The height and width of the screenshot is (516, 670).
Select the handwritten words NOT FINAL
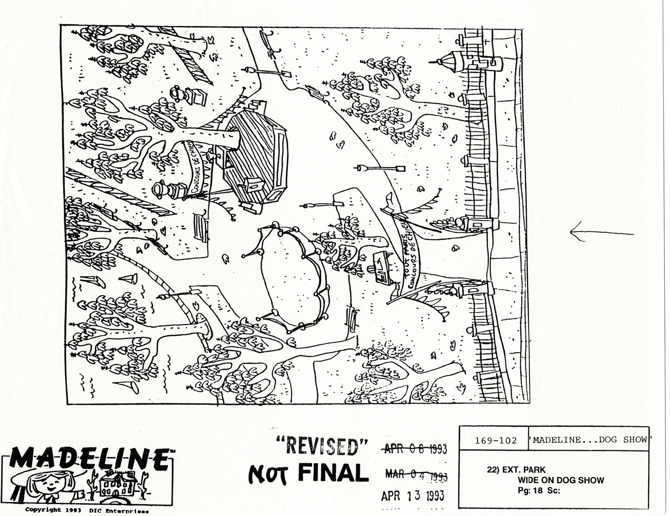coord(306,473)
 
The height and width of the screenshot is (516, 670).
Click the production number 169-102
coord(496,440)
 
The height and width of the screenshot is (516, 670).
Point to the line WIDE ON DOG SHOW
coord(561,480)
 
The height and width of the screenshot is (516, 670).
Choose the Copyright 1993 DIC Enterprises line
coord(88,510)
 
